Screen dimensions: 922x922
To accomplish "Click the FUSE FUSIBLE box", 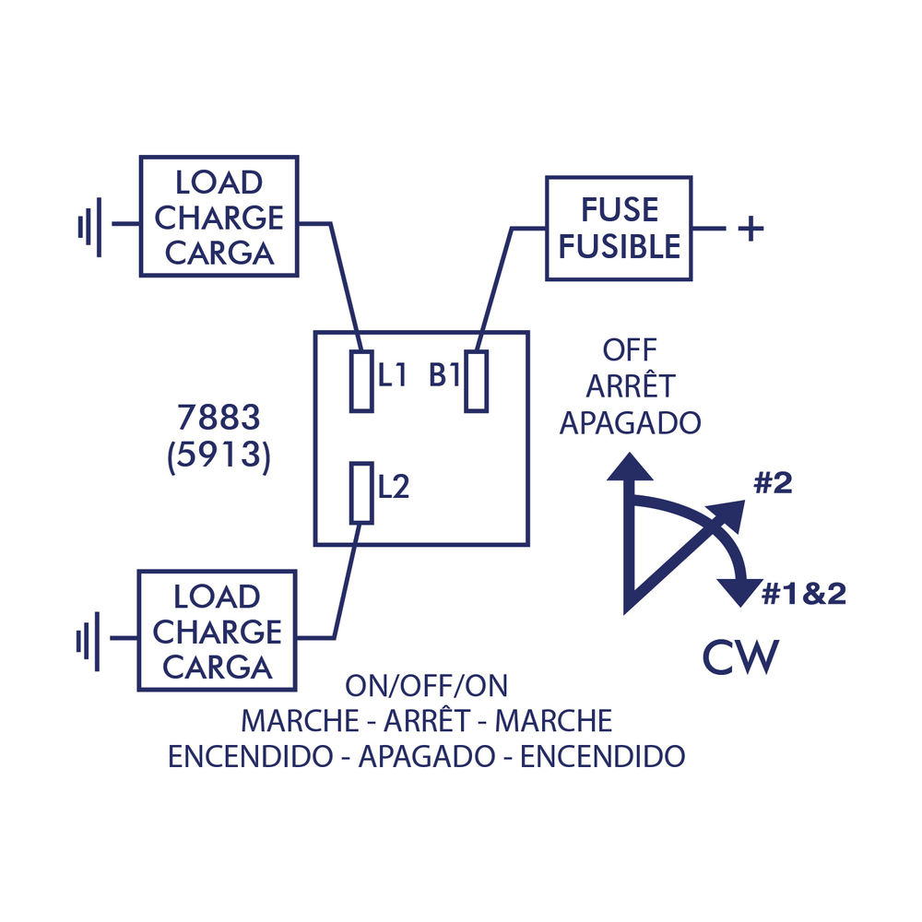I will click(619, 228).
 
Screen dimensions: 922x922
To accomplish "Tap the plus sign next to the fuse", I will click(751, 228).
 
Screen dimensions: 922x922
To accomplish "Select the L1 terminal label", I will click(392, 375).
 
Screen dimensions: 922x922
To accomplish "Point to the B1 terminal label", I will click(445, 375).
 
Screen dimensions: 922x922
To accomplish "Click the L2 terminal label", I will click(394, 487).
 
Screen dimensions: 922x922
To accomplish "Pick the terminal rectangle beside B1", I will click(476, 381).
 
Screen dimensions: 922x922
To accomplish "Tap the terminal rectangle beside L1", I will click(361, 381).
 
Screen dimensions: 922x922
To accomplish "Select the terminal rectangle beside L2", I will click(362, 492).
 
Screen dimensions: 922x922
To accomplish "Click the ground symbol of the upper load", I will click(89, 224).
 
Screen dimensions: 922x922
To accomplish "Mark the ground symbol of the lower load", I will click(89, 638).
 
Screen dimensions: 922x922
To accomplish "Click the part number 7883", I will click(219, 420).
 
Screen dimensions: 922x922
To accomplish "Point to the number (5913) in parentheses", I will click(219, 458).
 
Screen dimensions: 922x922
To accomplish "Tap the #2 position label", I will click(773, 484).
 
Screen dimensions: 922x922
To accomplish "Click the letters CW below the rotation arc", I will click(740, 656).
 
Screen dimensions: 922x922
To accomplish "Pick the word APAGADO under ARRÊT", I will click(631, 422).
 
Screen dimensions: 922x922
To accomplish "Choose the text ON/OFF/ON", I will click(426, 686).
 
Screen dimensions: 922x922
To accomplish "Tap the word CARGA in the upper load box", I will click(219, 253).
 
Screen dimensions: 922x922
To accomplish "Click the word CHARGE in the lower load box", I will click(217, 632).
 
